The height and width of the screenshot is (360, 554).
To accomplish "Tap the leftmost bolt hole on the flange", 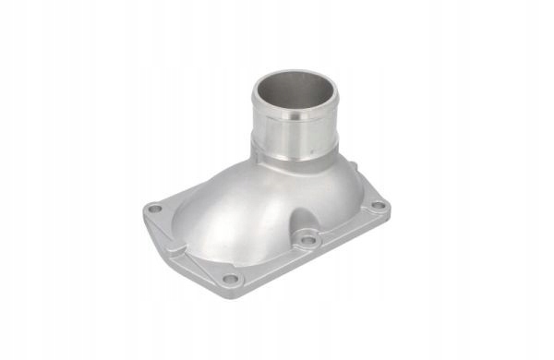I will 155,210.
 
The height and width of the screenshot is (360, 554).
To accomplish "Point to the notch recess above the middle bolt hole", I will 300,222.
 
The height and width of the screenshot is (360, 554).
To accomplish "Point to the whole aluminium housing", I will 268,185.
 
